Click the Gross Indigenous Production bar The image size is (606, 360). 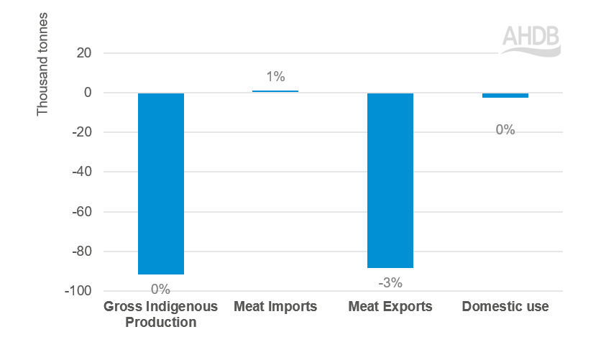[x=160, y=183]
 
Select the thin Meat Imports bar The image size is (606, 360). [x=275, y=91]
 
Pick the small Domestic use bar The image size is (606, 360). [x=505, y=95]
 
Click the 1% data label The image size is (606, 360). [x=275, y=76]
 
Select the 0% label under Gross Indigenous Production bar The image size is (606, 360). [x=160, y=289]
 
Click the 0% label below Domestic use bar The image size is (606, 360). [x=505, y=130]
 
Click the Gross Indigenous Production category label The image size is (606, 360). [x=160, y=314]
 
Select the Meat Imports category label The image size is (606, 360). [x=275, y=307]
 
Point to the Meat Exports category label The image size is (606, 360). [x=390, y=307]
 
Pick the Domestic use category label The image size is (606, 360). [x=505, y=307]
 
